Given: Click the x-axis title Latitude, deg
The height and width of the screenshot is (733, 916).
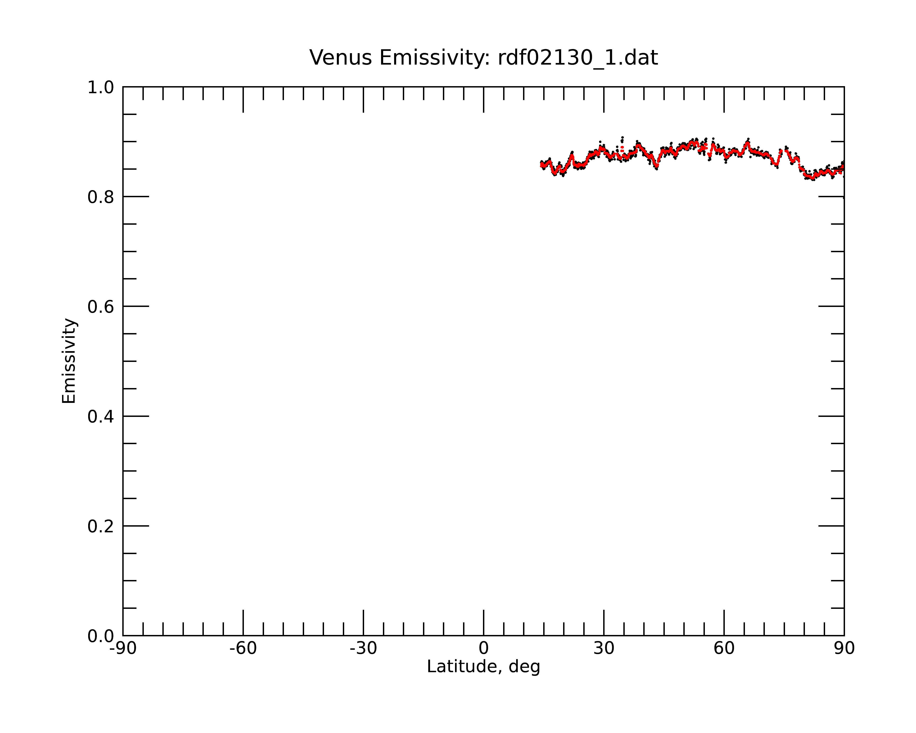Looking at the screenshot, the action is coord(483,667).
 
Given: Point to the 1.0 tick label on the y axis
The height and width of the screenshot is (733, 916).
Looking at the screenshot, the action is coord(101,88).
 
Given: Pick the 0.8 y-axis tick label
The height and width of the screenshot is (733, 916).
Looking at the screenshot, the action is coord(101,197).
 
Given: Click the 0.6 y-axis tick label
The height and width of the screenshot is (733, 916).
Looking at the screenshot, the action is coord(101,307).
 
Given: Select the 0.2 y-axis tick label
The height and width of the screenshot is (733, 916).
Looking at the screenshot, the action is coord(101,526).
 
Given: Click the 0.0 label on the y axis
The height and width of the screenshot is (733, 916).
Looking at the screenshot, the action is coord(101,636).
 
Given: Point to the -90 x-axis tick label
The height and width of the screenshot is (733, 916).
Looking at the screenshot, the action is coord(123,648).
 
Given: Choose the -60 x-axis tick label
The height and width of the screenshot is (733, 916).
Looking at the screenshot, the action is coord(243,648).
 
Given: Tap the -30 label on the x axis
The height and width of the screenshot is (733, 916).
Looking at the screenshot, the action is coord(363,648).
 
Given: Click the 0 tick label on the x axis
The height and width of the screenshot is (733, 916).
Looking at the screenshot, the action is coord(483,648).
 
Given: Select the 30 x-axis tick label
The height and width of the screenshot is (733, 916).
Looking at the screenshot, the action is coord(604,648).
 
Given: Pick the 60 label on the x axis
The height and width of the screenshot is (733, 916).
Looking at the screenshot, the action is coord(724,648).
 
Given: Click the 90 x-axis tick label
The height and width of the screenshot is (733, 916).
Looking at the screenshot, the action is coord(844,648).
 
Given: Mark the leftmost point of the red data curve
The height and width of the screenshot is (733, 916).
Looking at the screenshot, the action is coord(541,166).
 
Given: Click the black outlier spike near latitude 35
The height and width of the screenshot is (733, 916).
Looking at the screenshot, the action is coord(622,139).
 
